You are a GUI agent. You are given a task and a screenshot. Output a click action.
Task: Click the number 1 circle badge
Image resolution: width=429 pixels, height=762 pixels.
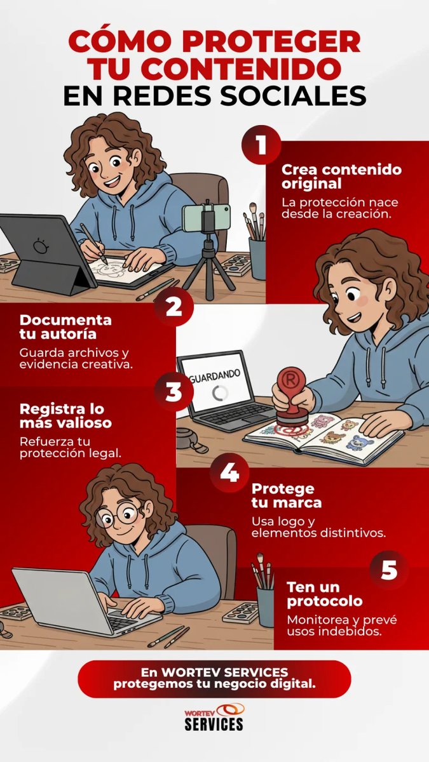261,145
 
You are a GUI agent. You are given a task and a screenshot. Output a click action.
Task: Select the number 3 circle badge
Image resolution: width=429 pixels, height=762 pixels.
174,391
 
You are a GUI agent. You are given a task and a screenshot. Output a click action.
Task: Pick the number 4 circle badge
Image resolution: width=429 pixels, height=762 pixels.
229,472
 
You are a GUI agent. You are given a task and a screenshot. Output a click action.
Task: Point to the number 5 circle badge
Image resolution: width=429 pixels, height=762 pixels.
389,570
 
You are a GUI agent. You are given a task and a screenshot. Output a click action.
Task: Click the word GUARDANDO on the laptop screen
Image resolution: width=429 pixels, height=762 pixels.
215,376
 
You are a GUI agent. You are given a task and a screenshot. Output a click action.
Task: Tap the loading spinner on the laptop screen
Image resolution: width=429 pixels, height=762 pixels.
220,393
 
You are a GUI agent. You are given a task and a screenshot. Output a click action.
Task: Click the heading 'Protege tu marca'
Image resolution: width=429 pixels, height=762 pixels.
287,496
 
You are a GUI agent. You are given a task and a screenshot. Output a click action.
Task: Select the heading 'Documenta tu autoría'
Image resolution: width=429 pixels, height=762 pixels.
65,327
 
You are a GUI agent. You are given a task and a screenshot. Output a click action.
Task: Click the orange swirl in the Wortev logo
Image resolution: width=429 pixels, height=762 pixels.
231,710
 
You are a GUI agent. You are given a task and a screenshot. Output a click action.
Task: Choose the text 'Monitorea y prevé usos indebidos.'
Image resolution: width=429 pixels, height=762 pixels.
342,625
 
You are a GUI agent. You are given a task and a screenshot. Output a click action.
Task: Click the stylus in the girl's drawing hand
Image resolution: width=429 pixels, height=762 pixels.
93,243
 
